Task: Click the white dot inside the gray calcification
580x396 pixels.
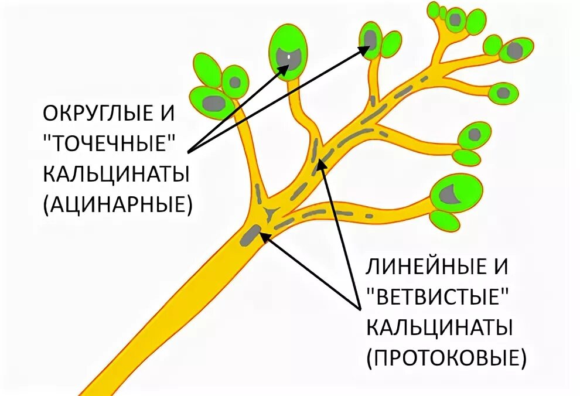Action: click(x=289, y=57)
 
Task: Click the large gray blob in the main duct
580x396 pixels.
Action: click(x=251, y=234)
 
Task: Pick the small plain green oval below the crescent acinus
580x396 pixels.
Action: click(x=444, y=220)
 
